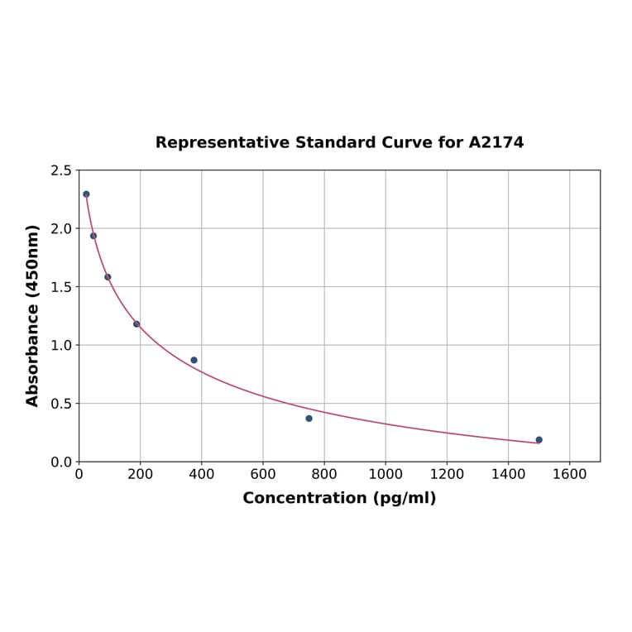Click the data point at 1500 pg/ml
[x=539, y=440]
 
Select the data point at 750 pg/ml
[x=309, y=419]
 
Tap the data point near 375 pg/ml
[x=194, y=360]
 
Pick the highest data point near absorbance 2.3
[x=86, y=194]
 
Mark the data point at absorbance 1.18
[x=136, y=324]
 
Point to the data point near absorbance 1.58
[x=108, y=277]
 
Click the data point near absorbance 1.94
[x=93, y=236]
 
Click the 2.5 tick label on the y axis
[x=60, y=170]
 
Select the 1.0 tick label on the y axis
[x=60, y=345]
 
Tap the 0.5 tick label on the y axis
[x=60, y=404]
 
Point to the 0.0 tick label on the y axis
[x=60, y=462]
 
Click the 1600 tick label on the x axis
[x=569, y=475]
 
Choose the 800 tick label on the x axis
[x=324, y=475]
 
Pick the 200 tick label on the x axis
[x=140, y=475]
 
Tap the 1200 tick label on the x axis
[x=447, y=475]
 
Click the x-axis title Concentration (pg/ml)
[x=339, y=498]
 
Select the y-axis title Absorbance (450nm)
[x=33, y=315]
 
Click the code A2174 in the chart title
[x=496, y=142]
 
